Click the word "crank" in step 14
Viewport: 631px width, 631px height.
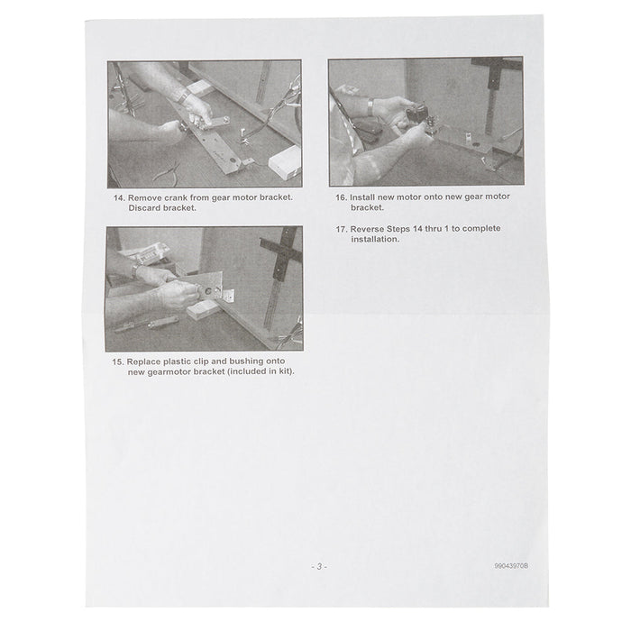click(x=176, y=197)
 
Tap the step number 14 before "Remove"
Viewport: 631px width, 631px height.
click(x=119, y=198)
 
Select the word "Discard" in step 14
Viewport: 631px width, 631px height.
click(x=144, y=208)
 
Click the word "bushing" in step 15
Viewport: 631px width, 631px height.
click(x=246, y=361)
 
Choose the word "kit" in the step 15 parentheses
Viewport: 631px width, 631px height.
click(x=285, y=371)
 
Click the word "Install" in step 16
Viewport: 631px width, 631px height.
click(x=361, y=197)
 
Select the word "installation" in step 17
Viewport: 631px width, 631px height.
click(x=374, y=239)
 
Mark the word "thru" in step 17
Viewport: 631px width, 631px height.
click(x=433, y=229)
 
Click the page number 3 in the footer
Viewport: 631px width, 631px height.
click(x=319, y=567)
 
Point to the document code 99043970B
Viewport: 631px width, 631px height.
click(x=511, y=566)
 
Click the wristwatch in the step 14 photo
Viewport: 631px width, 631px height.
click(x=184, y=96)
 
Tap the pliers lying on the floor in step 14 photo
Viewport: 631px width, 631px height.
click(x=166, y=173)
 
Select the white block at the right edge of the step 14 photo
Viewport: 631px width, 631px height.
click(x=285, y=163)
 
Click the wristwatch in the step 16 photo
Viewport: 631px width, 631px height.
click(x=370, y=108)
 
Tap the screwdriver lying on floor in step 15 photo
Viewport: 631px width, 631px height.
click(x=146, y=325)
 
